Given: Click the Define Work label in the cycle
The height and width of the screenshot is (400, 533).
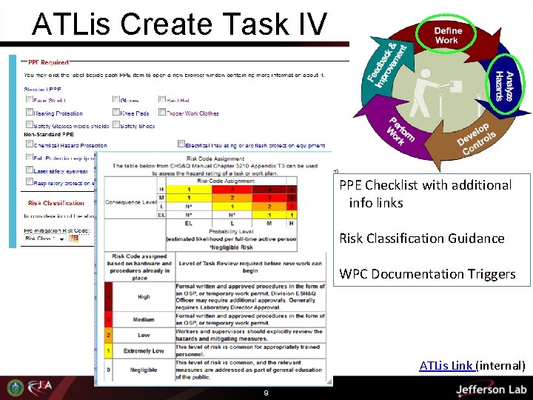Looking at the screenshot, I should coord(446,35).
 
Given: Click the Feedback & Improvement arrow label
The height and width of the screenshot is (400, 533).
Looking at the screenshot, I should coord(387,62).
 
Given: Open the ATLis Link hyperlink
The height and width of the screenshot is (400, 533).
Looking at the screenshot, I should coord(446,365).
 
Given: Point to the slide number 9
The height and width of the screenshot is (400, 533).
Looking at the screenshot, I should coord(265,393).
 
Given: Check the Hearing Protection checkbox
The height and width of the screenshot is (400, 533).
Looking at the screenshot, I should coord(29,113).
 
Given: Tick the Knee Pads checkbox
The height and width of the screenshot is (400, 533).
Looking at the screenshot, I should coord(116,113).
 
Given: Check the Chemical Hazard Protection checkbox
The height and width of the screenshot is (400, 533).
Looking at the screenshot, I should coord(29,145).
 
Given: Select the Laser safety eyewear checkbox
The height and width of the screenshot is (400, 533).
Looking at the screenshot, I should coord(29,170).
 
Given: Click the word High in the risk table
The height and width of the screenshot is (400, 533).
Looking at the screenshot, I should coord(144,296).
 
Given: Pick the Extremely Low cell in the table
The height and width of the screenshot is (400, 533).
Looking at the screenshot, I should coord(144,350).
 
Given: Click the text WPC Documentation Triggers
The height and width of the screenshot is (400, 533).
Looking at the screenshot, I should coord(427,274).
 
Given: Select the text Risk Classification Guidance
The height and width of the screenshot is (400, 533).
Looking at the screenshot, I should coord(421,239).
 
